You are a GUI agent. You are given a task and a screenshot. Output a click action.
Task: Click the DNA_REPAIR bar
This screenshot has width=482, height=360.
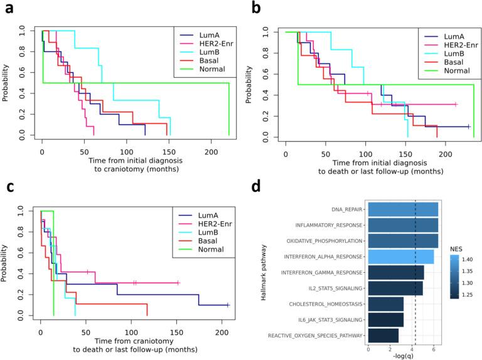coord(402,208)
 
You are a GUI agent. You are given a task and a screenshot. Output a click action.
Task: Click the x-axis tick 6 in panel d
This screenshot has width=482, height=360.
coord(434,348)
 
